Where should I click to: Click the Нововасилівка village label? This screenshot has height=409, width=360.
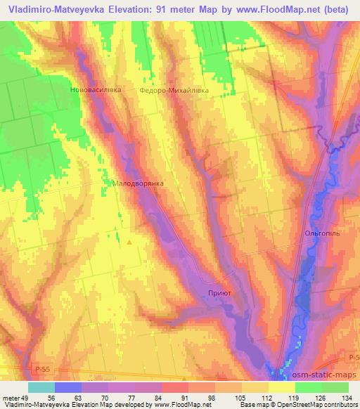pyautogui.click(x=96, y=90)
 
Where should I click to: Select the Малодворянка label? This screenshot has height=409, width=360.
pyautogui.click(x=138, y=183)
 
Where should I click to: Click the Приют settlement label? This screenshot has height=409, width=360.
pyautogui.click(x=220, y=292)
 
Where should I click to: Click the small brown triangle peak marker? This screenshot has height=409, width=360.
pyautogui.click(x=129, y=242)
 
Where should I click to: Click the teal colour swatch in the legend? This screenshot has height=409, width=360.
pyautogui.click(x=41, y=387)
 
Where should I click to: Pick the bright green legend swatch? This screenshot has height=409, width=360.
pyautogui.click(x=307, y=387)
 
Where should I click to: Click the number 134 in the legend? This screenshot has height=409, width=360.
pyautogui.click(x=346, y=397)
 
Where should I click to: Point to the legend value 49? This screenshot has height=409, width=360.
pyautogui.click(x=26, y=397)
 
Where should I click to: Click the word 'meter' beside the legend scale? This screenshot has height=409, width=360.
pyautogui.click(x=11, y=397)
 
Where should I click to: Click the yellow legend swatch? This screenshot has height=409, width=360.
pyautogui.click(x=281, y=387)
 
